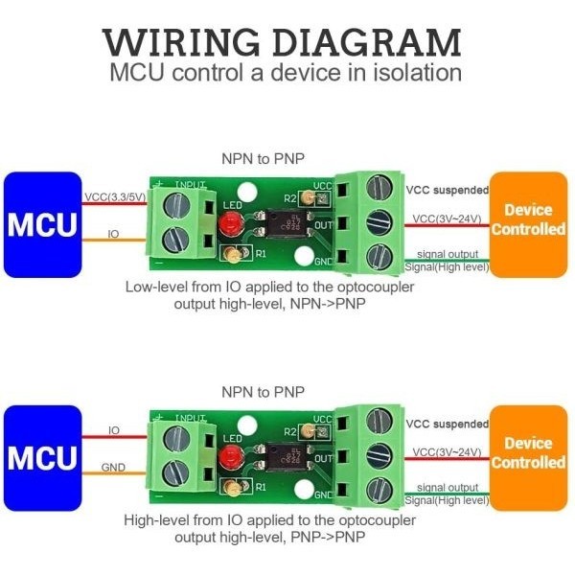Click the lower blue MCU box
pos(42,458)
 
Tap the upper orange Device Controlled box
pos(528,220)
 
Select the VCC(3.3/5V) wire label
pos(114,197)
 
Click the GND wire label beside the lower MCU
pos(114,468)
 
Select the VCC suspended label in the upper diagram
pos(445,190)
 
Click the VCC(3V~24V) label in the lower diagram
pos(446,451)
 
